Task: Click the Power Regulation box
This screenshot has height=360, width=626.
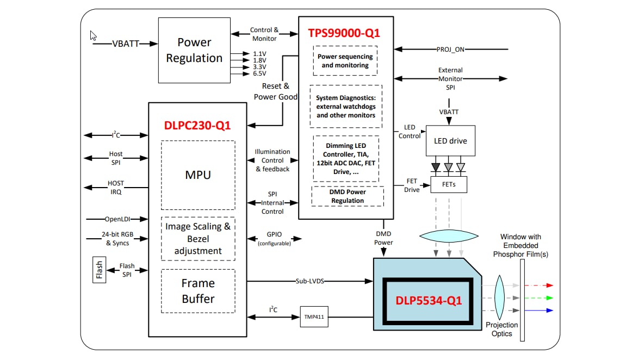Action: [x=194, y=50]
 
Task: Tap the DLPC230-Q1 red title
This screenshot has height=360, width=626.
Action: [x=197, y=125]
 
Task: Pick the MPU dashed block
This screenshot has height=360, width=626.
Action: [x=198, y=175]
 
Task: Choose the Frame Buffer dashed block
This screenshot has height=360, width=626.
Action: [x=198, y=291]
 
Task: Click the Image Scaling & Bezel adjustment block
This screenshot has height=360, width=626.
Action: [x=198, y=239]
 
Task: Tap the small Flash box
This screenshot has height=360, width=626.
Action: [x=99, y=269]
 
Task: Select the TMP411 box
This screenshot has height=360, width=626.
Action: [x=314, y=316]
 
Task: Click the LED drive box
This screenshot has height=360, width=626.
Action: [x=450, y=141]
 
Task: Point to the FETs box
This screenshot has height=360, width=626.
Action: [x=449, y=184]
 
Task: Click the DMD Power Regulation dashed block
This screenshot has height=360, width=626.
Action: [x=348, y=196]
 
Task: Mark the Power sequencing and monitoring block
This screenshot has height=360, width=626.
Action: [x=345, y=61]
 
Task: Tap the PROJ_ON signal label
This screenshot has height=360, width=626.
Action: [x=451, y=49]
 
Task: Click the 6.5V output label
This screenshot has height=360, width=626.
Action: [x=259, y=73]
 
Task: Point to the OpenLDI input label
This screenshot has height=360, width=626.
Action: [x=116, y=219]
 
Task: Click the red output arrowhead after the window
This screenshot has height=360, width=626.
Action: [x=549, y=285]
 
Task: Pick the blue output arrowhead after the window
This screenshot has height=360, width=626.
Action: [x=549, y=311]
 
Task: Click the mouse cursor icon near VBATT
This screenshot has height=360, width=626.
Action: [x=94, y=36]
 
